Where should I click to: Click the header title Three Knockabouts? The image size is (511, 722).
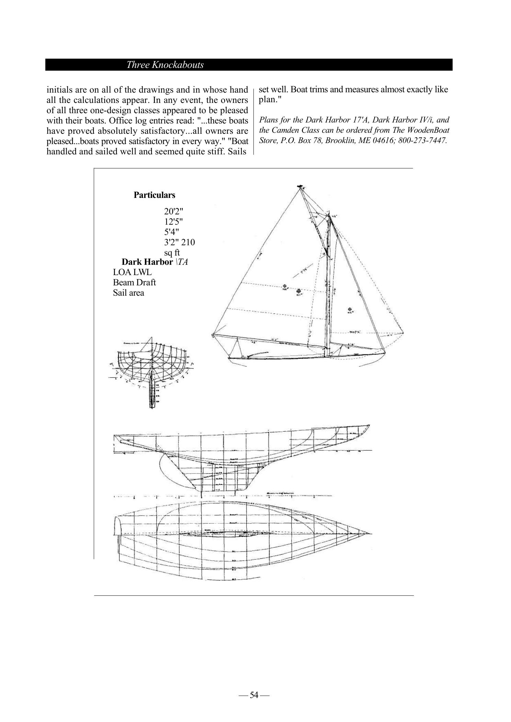(165, 65)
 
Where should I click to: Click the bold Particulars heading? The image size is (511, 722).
(154, 195)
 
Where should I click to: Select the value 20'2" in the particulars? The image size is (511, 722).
(174, 211)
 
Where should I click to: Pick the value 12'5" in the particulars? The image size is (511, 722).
(174, 222)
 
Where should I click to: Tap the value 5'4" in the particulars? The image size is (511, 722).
(172, 232)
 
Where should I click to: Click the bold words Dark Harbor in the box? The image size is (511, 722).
(147, 262)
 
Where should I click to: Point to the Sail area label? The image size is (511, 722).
(128, 293)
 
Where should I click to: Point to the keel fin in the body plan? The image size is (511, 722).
(152, 394)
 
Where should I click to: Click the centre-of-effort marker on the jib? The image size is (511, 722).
(350, 310)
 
